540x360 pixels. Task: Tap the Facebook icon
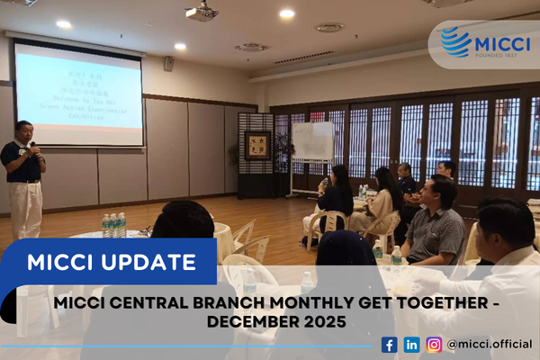[389, 344]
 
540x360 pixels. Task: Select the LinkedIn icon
[411, 344]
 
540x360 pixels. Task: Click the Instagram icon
[434, 344]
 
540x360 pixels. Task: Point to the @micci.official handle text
[490, 344]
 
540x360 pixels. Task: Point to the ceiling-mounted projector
[202, 13]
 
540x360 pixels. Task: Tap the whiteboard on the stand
[312, 142]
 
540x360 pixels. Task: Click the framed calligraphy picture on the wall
[257, 146]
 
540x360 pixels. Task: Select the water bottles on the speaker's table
[113, 225]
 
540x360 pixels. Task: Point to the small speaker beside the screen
[168, 64]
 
